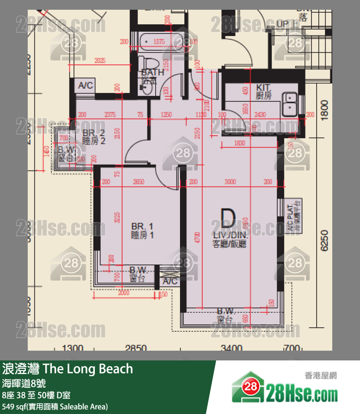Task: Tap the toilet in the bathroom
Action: click(148, 63)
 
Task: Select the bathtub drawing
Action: click(159, 42)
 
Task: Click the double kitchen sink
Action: click(290, 101)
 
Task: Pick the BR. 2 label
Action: click(93, 133)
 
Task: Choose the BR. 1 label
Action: click(143, 226)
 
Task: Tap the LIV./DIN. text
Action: click(229, 235)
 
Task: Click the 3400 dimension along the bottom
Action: click(231, 348)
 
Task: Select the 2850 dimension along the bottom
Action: click(136, 348)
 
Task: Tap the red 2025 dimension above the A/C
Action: click(100, 61)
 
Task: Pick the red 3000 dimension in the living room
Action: click(230, 182)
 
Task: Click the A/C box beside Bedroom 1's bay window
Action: click(169, 282)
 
